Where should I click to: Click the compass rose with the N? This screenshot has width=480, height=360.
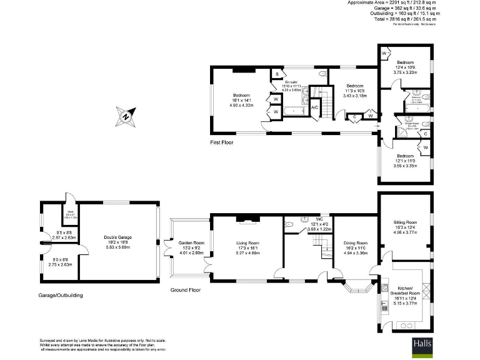tap(125, 116)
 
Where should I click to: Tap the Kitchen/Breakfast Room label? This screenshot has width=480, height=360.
tap(407, 292)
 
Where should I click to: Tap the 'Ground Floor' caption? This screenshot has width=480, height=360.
tap(186, 290)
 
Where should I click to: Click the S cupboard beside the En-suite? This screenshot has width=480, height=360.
tap(276, 74)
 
